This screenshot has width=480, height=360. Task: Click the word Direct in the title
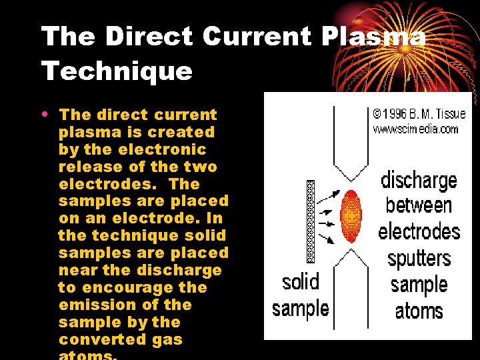(149, 37)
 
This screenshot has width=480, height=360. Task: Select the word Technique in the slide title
(117, 71)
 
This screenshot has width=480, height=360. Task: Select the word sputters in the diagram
(419, 259)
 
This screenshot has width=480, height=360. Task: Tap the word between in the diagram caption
(419, 205)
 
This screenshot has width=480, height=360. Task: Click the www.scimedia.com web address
(415, 128)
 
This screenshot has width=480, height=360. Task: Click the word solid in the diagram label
(301, 282)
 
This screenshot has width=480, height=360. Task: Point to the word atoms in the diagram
(419, 311)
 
